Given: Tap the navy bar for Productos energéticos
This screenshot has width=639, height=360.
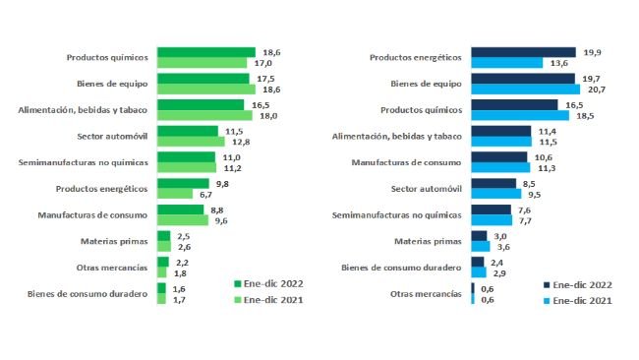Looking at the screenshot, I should pyautogui.click(x=523, y=52).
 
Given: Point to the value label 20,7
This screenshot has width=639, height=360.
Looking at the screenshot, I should pyautogui.click(x=593, y=90).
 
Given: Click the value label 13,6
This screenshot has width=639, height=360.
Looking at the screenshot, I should pyautogui.click(x=556, y=63).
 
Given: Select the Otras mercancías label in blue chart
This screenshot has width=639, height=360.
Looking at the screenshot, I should pyautogui.click(x=427, y=293).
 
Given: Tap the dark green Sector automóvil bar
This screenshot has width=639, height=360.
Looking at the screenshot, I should pyautogui.click(x=187, y=131).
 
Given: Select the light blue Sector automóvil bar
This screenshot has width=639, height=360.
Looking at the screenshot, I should pyautogui.click(x=495, y=194).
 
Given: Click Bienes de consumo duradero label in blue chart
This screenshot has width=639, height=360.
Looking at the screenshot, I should pyautogui.click(x=401, y=267).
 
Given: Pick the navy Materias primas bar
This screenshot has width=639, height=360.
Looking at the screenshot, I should pyautogui.click(x=479, y=236).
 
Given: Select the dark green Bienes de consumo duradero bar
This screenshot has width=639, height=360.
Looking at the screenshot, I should pyautogui.click(x=161, y=289).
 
